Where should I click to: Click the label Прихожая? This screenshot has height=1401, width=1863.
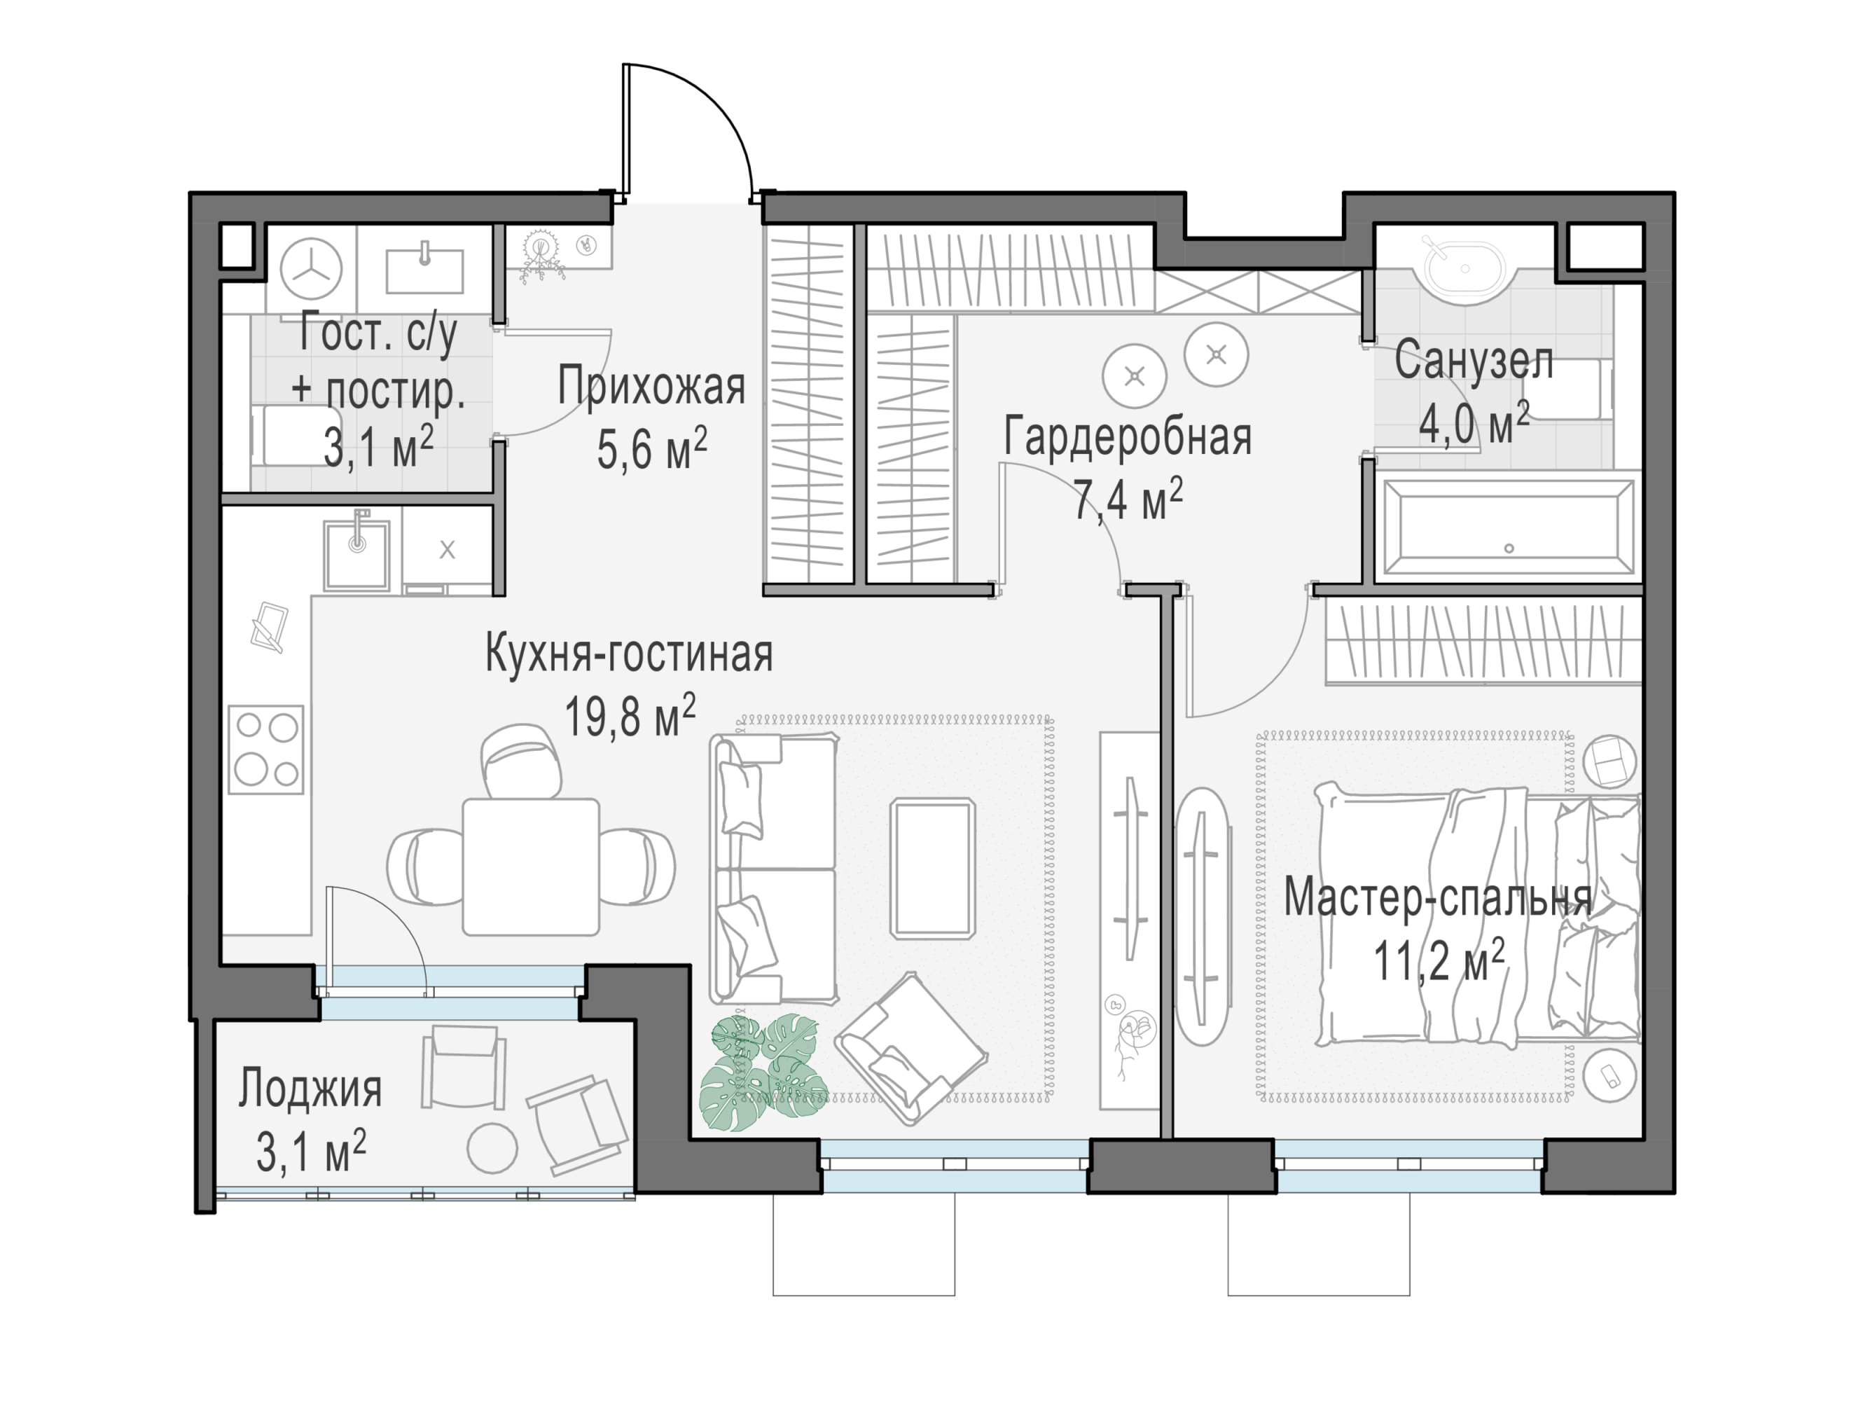click(651, 387)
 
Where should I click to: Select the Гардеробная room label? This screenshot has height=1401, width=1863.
click(1128, 436)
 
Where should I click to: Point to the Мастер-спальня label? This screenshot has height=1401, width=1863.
click(1438, 897)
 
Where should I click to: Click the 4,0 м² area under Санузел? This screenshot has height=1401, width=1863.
click(1474, 423)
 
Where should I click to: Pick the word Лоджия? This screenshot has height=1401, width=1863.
click(310, 1088)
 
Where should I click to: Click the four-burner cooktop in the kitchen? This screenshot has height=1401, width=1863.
click(266, 749)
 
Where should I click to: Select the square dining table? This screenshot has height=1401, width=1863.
click(531, 867)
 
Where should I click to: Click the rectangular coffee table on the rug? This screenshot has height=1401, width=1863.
click(933, 869)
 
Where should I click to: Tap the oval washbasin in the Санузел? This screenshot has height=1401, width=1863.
click(1465, 268)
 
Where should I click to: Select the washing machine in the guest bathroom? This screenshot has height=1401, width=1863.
click(311, 270)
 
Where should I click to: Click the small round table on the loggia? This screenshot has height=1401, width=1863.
click(492, 1147)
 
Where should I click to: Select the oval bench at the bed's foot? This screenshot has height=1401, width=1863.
click(1203, 916)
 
